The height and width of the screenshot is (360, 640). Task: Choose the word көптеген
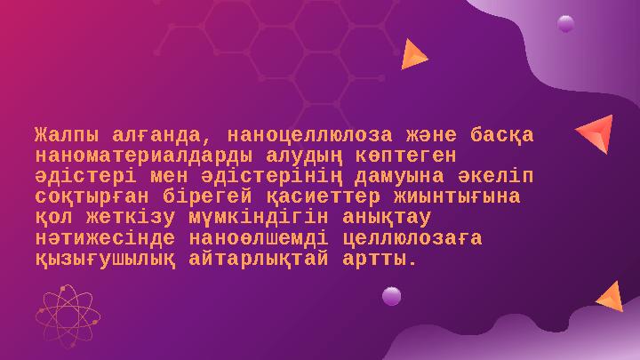[413, 156]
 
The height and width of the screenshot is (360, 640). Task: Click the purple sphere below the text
[391, 296]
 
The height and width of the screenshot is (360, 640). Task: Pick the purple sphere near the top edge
[565, 24]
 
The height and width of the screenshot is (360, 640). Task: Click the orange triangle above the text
[412, 55]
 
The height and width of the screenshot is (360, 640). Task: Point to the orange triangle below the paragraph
[611, 297]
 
